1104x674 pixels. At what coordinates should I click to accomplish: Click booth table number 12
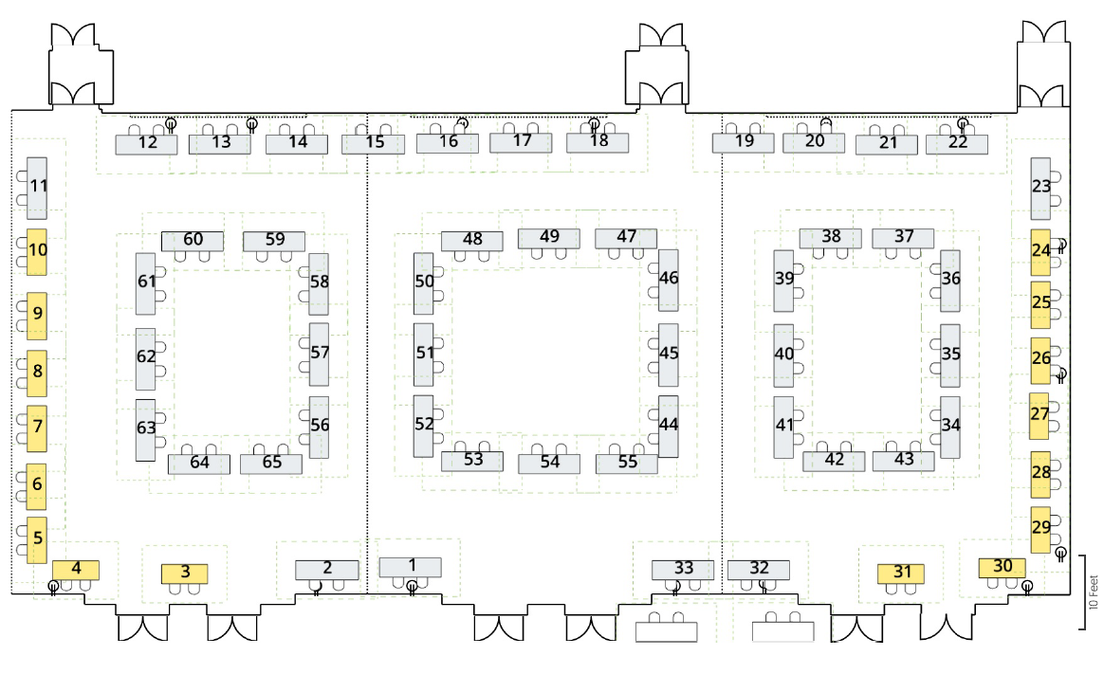click(146, 144)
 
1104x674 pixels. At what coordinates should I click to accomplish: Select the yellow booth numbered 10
click(37, 251)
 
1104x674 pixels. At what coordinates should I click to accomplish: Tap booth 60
click(193, 241)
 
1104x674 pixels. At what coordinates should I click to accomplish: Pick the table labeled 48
click(471, 241)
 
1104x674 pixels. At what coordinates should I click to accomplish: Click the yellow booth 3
click(184, 574)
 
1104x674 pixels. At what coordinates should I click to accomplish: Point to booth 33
click(683, 569)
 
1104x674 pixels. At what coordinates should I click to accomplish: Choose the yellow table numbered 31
click(900, 574)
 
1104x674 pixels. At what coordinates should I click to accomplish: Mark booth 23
click(1040, 188)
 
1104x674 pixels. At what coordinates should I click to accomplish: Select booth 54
click(549, 464)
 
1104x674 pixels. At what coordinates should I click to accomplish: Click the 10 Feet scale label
click(1094, 592)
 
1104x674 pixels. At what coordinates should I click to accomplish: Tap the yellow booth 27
click(1040, 416)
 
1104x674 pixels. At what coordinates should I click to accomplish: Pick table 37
click(903, 238)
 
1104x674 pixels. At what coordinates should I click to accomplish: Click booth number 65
click(271, 464)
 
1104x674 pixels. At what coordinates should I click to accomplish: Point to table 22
click(957, 144)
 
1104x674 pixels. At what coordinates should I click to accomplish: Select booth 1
click(411, 567)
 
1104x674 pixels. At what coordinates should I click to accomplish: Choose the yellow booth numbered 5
click(37, 539)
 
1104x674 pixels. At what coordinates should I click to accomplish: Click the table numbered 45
click(668, 355)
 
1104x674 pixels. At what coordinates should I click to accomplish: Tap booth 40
click(783, 355)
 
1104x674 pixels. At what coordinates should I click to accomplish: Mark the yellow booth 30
click(1002, 568)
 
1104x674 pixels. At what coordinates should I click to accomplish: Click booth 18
click(598, 143)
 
